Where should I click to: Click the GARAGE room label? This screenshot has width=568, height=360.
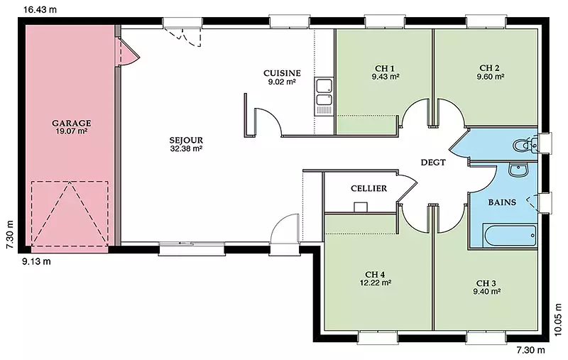pos(72,123)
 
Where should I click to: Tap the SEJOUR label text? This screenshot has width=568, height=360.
pos(186,140)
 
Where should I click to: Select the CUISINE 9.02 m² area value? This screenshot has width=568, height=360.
pos(282,82)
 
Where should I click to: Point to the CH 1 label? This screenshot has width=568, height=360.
pos(385,68)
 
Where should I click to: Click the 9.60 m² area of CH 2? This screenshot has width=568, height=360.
pos(491,77)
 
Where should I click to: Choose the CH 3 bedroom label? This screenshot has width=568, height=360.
pos(486,283)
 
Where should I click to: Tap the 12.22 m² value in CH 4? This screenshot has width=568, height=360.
pos(375,283)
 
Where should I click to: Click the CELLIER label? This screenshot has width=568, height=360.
pos(368,188)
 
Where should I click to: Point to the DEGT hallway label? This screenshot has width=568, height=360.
pos(433,163)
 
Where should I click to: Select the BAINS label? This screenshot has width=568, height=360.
pos(502,202)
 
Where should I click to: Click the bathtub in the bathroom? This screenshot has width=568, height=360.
pos(510,236)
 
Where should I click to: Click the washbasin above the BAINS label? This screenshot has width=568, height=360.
pos(519,170)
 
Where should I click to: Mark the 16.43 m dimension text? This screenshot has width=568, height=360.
pos(40,10)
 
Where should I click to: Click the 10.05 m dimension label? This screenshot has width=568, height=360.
pos(559,320)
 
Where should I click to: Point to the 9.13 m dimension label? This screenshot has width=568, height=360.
pos(36,261)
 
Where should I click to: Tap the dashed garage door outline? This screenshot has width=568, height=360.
pos(70,213)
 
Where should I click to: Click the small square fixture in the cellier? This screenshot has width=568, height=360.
pos(361,207)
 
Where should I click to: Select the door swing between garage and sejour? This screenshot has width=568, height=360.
pos(129,53)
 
